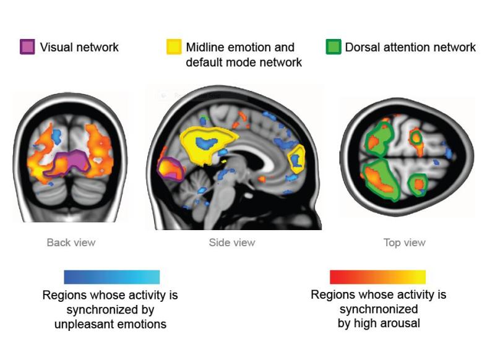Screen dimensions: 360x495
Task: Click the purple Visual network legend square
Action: coord(27,47)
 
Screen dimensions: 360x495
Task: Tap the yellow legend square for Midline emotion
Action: coord(174,47)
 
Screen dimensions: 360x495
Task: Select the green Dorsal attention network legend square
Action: coord(334,47)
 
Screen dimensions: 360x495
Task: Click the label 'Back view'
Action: coord(71,242)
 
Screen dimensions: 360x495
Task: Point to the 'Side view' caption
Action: coord(232,242)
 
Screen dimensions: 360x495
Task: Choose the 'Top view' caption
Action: coord(405,242)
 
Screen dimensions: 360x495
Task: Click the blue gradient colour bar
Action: coord(112,276)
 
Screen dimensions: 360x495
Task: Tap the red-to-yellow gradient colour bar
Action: coord(378,276)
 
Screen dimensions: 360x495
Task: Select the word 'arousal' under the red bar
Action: coord(403,323)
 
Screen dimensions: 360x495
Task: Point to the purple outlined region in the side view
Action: coord(170,169)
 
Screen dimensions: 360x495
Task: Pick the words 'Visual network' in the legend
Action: coord(79,47)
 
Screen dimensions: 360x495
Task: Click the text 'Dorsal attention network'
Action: coord(410,47)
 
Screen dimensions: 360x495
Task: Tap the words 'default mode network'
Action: coord(244,62)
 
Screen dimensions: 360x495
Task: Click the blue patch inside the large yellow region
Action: coord(206,143)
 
